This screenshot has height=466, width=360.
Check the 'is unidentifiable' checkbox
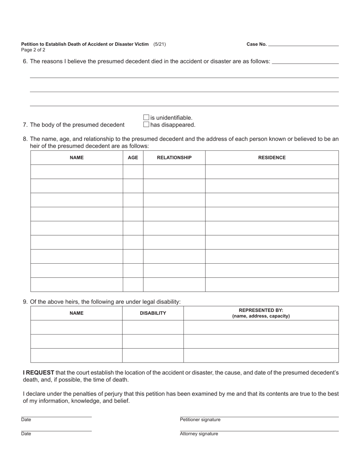146,118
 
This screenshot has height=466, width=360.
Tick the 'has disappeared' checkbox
146,125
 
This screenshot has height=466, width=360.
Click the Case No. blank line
303,44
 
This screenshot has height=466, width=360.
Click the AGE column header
133,158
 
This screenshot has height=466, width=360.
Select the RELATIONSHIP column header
174,158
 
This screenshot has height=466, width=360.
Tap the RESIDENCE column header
272,158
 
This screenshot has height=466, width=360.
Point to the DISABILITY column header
153,313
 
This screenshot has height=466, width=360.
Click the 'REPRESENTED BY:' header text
261,310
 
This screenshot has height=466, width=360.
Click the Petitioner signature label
200,420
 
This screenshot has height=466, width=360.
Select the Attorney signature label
199,434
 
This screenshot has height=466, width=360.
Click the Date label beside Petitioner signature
26,420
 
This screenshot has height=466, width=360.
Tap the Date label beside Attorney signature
26,434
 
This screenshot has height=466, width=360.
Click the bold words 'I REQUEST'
38,373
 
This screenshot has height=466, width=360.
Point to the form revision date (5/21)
160,44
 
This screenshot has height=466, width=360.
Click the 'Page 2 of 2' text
33,50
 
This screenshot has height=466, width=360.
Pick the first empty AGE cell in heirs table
133,172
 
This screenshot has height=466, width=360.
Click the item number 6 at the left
25,61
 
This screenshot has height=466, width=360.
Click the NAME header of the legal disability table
77,313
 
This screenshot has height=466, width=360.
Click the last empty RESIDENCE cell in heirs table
272,285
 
